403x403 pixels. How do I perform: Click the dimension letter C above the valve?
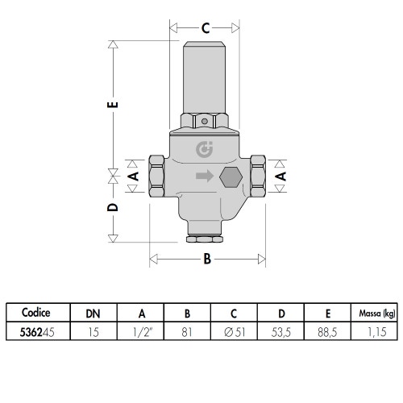coord(206,28)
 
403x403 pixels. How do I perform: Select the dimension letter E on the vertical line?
coord(113,105)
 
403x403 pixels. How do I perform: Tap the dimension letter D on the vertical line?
coord(113,207)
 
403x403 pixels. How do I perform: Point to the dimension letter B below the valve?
coord(207,259)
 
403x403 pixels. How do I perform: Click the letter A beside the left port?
coord(133,177)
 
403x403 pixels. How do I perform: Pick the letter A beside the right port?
coord(281,177)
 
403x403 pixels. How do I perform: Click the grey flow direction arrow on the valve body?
coord(205,176)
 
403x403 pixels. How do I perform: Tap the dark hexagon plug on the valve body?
coord(231,177)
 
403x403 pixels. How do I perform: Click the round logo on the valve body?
coord(204,149)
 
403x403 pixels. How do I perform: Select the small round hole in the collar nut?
coord(205,121)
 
